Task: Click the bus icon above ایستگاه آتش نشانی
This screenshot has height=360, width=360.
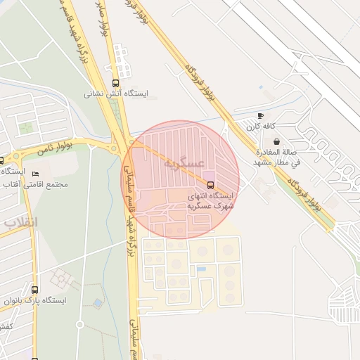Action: click(116, 83)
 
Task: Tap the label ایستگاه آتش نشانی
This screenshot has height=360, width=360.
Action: click(116, 93)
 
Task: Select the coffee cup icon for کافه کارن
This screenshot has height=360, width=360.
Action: click(261, 115)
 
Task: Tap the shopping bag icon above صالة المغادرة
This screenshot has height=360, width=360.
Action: click(276, 141)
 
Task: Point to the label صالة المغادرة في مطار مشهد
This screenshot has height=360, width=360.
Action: click(276, 157)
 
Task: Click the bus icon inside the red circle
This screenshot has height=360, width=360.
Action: click(210, 184)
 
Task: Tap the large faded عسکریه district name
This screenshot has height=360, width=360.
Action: click(184, 163)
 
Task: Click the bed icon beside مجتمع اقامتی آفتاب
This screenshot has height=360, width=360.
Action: click(36, 174)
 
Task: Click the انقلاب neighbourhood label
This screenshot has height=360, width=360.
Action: click(22, 221)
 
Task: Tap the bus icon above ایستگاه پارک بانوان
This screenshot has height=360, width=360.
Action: click(34, 289)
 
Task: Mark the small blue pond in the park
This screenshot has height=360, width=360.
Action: click(97, 303)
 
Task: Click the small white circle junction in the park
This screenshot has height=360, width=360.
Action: click(79, 325)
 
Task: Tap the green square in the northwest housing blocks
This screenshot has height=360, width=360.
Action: click(26, 127)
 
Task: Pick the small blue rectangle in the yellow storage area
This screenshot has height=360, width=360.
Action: click(201, 269)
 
